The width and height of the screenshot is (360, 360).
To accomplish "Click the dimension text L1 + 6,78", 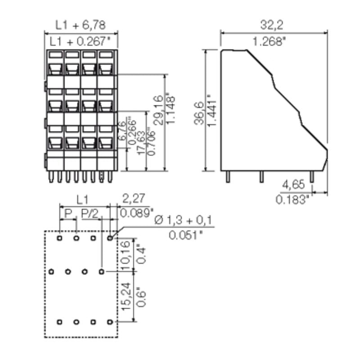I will [81, 25].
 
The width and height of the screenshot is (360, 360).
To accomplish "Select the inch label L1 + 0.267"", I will [80, 41].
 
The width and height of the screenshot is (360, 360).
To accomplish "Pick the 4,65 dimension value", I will [293, 184].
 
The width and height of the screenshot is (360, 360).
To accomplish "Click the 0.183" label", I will [293, 199].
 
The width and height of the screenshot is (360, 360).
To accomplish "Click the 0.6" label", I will [140, 297].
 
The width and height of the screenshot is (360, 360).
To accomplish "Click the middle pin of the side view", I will [261, 176].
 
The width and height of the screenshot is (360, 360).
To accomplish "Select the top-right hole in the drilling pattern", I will [110, 237].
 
